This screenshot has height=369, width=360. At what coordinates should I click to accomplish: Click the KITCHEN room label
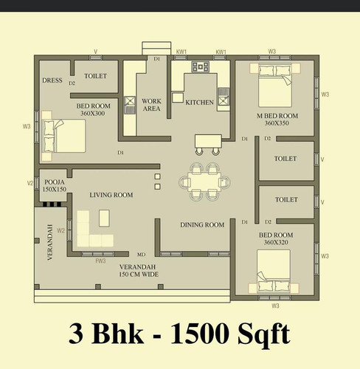tap(199, 103)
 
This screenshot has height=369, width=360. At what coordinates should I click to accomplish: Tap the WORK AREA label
tap(151, 105)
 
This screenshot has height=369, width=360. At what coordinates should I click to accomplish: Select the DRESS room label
tap(52, 80)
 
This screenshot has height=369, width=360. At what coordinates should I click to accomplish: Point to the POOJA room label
tap(55, 182)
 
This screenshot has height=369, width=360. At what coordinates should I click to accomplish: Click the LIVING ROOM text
tap(111, 195)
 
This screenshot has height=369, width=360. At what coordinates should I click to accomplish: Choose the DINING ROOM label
tap(202, 225)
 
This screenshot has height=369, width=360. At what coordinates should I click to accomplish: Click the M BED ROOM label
tap(277, 116)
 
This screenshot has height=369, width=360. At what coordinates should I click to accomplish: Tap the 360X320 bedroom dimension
tap(276, 242)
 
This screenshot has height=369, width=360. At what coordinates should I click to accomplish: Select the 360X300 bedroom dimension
tap(93, 114)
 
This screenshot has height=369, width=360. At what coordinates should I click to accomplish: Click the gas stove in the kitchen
tap(201, 66)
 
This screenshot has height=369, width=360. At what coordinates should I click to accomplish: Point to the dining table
tap(204, 182)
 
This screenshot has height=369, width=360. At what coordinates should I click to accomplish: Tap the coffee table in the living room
tap(104, 218)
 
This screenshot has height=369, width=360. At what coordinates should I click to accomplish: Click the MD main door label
tap(141, 255)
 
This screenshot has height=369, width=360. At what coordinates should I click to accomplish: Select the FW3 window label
tap(100, 261)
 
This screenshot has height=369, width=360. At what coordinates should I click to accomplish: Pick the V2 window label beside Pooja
tap(30, 183)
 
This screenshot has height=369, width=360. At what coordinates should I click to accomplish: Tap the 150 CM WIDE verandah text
tap(139, 275)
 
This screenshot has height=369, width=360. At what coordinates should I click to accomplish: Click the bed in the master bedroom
tap(275, 85)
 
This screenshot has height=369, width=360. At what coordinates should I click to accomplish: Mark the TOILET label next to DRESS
tap(96, 76)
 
